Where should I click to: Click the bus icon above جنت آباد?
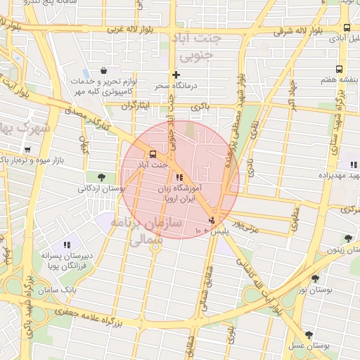pos(151,154)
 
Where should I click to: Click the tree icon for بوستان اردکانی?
pos(102,176)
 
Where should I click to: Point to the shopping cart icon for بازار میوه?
pos(27,150)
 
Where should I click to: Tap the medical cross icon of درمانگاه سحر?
pos(176,75)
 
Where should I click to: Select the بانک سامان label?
pos(57,289)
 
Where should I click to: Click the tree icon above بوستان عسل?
pos(309,335)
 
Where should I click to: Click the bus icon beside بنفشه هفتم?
pos(340,69)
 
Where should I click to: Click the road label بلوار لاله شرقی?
pos(300,31)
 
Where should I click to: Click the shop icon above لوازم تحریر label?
pos(104,70)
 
